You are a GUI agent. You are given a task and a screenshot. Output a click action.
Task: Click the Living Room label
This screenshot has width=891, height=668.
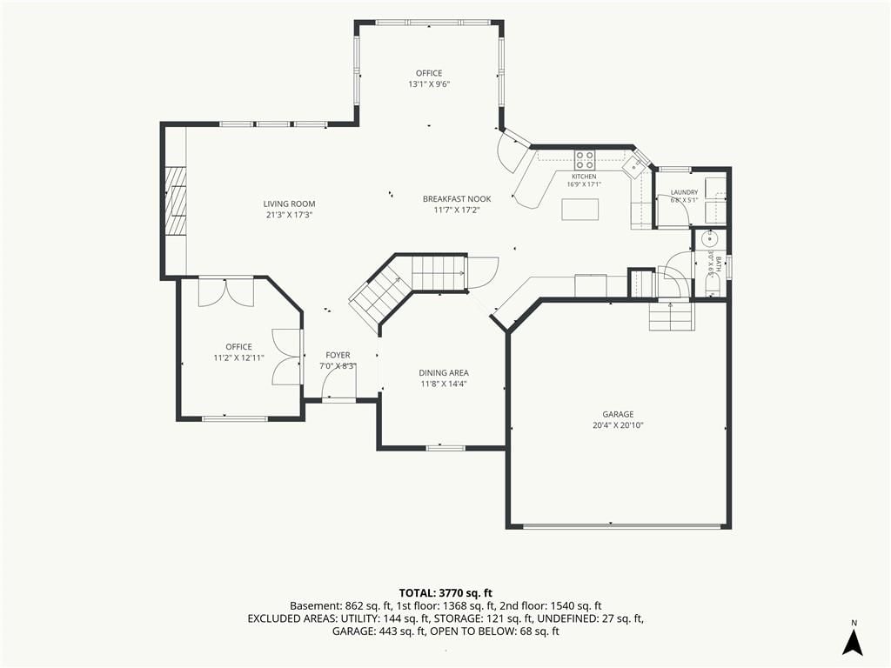coord(289,204)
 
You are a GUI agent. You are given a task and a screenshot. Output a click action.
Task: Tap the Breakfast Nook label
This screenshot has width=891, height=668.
coord(457,199)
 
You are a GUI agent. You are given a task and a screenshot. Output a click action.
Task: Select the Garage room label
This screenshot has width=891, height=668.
coord(619,415)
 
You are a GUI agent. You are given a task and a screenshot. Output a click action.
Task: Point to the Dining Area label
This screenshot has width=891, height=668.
coord(444,373)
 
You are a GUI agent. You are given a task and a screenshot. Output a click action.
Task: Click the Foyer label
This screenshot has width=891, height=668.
coord(338,356)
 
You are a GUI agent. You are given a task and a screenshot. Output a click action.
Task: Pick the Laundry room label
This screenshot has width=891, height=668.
coord(684,192)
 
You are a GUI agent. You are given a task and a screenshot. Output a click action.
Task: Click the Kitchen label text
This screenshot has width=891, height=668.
coord(584,177)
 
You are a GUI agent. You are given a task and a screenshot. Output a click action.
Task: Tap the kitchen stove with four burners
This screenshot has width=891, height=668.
coord(585,160)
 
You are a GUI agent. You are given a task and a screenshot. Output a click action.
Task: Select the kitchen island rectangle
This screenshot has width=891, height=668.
coord(580,209)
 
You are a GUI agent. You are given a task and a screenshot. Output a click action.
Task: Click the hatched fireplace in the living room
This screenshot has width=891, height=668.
coord(176,201)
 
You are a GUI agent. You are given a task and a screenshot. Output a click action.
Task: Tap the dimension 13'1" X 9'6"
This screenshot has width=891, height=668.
coord(429,84)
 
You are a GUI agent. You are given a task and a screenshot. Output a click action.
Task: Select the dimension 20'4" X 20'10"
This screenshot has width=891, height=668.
coord(619,425)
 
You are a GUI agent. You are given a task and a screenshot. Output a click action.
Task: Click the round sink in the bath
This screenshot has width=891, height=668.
coord(709,240)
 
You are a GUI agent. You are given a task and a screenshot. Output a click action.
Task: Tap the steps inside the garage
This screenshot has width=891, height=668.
coord(672,317)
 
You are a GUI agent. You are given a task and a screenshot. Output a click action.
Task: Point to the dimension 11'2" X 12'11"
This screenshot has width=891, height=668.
coord(238,357)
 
